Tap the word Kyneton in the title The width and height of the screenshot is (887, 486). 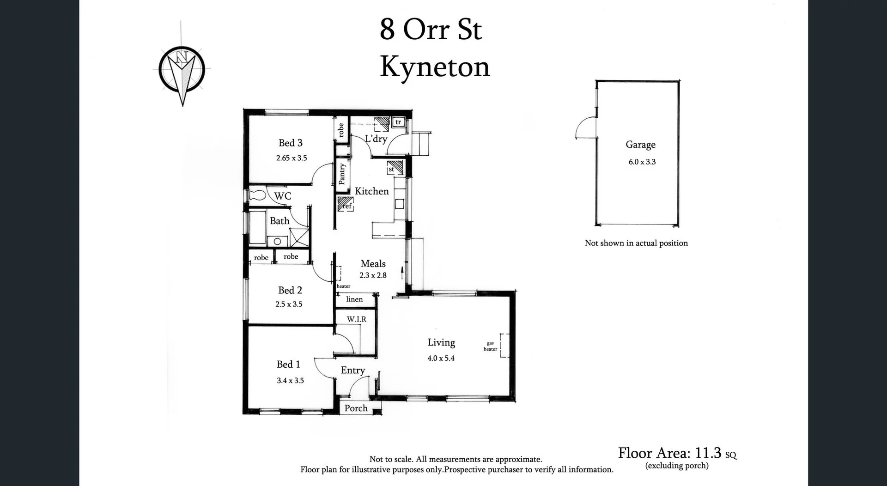pos(434,67)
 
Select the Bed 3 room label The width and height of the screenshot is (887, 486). pos(290,143)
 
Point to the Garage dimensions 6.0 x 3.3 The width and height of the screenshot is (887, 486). pos(642,162)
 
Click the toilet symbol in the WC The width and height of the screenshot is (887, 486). pos(257,195)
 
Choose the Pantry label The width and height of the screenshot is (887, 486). pos(342,174)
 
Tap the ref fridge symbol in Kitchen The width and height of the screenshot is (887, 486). pos(346,204)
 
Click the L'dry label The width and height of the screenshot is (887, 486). pos(376,139)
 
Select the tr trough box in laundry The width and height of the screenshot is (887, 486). pos(398,122)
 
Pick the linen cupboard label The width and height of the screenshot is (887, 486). pos(354,299)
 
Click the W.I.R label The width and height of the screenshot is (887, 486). pos(357,319)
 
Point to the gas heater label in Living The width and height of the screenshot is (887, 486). pos(490,346)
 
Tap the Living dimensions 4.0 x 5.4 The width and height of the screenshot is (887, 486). pos(441,358)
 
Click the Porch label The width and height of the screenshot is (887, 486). pos(356,408)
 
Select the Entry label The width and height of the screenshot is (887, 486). pos(352,371)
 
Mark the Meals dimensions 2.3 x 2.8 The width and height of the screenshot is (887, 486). pos(373,275)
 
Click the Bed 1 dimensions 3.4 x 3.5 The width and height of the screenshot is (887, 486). pos(290,381)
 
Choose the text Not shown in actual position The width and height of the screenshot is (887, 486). pos(636,243)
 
